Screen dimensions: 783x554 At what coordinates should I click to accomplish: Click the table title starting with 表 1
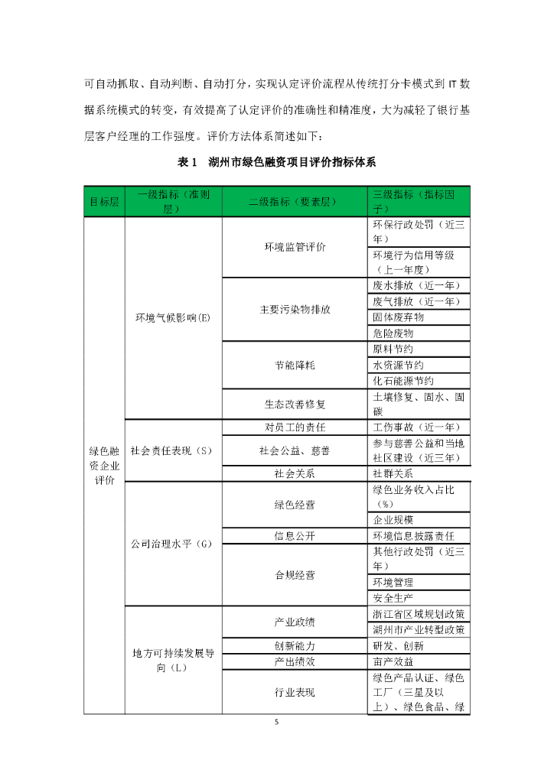pyautogui.click(x=276, y=162)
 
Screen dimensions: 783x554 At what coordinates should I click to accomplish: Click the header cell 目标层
pyautogui.click(x=104, y=202)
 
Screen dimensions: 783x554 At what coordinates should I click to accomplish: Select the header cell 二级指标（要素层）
pyautogui.click(x=295, y=202)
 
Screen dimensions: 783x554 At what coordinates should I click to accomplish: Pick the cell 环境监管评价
pyautogui.click(x=295, y=247)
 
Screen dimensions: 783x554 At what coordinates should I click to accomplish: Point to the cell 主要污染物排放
pyautogui.click(x=295, y=310)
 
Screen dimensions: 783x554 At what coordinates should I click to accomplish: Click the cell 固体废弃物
pyautogui.click(x=398, y=317)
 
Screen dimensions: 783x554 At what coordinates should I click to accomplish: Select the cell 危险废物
pyautogui.click(x=393, y=333)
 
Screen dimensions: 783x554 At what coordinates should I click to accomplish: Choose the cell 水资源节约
pyautogui.click(x=398, y=365)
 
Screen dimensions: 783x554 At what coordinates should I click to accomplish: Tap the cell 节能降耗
pyautogui.click(x=295, y=365)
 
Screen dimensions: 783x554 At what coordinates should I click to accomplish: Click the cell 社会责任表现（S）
pyautogui.click(x=172, y=450)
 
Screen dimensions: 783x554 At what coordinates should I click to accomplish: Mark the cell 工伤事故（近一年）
pyautogui.click(x=416, y=427)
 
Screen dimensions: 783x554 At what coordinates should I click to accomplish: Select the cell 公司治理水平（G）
pyautogui.click(x=172, y=544)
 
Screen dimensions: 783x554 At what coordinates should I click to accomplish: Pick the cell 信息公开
pyautogui.click(x=295, y=535)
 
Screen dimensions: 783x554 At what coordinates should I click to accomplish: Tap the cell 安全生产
pyautogui.click(x=393, y=598)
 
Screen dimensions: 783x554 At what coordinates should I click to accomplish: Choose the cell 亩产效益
pyautogui.click(x=393, y=661)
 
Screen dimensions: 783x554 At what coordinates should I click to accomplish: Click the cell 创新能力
pyautogui.click(x=295, y=645)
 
